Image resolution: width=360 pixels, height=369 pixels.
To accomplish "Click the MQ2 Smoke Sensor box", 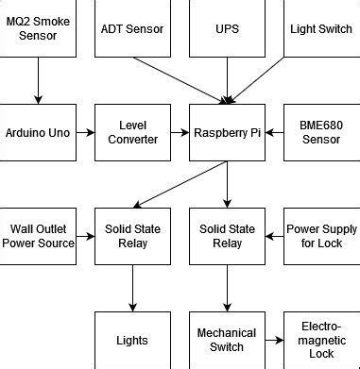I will (x=38, y=28).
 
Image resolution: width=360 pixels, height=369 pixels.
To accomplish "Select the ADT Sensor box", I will (x=132, y=28).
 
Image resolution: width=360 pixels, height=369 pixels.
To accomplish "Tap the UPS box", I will (x=227, y=28).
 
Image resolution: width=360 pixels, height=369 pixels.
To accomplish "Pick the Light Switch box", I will (x=320, y=28).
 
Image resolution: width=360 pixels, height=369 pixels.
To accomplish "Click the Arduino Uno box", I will (x=38, y=132).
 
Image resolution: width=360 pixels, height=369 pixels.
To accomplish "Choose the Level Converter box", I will (x=132, y=132).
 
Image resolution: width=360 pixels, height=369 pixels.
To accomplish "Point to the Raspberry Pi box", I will (x=227, y=132).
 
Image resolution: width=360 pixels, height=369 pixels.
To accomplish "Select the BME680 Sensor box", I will (x=320, y=132).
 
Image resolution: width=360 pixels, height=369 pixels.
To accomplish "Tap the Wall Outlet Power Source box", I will (x=38, y=236).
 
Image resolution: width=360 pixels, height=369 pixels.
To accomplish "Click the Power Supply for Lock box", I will (x=320, y=236).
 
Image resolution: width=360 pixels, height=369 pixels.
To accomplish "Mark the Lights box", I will (x=132, y=340).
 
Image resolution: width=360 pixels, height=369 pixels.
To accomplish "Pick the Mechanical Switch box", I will (x=227, y=340).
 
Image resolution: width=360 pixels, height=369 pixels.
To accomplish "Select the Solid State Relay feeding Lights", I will (x=132, y=236).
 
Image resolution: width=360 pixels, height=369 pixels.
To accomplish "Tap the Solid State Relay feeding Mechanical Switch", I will (x=227, y=236).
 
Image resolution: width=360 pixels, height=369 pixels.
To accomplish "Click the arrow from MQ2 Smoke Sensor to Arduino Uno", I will (x=38, y=80).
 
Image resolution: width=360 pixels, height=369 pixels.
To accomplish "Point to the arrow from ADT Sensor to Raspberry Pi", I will (x=180, y=80).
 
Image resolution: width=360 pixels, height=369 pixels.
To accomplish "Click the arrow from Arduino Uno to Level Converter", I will (x=85, y=132).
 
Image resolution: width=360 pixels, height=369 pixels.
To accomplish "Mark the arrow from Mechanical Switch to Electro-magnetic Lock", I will (x=274, y=340).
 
